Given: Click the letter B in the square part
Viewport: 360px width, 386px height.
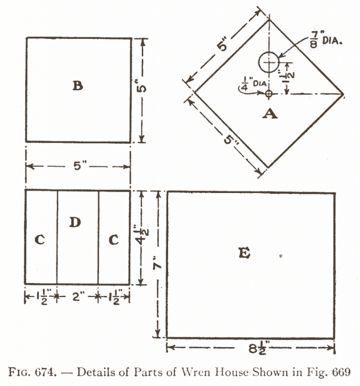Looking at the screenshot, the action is [78, 85].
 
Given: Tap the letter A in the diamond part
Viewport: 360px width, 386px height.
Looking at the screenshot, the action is [269, 114].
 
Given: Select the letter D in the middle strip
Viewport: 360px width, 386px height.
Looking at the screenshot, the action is [75, 222].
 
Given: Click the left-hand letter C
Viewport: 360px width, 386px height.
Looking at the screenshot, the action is [40, 240].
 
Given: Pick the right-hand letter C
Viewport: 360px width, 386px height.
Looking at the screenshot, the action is [113, 240].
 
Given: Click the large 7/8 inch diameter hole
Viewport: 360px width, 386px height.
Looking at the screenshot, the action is [268, 62].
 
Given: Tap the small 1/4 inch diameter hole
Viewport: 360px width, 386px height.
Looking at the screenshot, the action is [268, 94].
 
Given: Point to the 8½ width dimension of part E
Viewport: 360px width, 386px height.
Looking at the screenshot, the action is [252, 348].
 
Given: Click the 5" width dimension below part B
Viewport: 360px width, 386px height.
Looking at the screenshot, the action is [78, 167].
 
